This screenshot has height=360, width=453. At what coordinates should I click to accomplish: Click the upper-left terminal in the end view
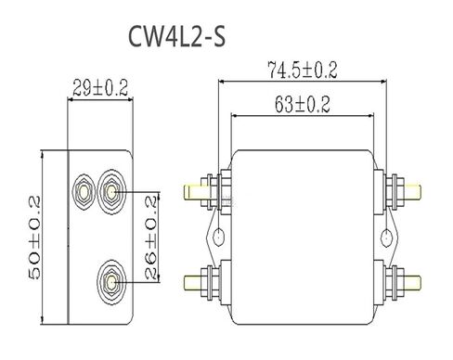point(84,192)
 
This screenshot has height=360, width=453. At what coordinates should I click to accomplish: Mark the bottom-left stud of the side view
point(199,277)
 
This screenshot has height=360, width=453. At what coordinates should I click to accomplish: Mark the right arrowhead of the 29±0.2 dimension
point(134,101)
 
